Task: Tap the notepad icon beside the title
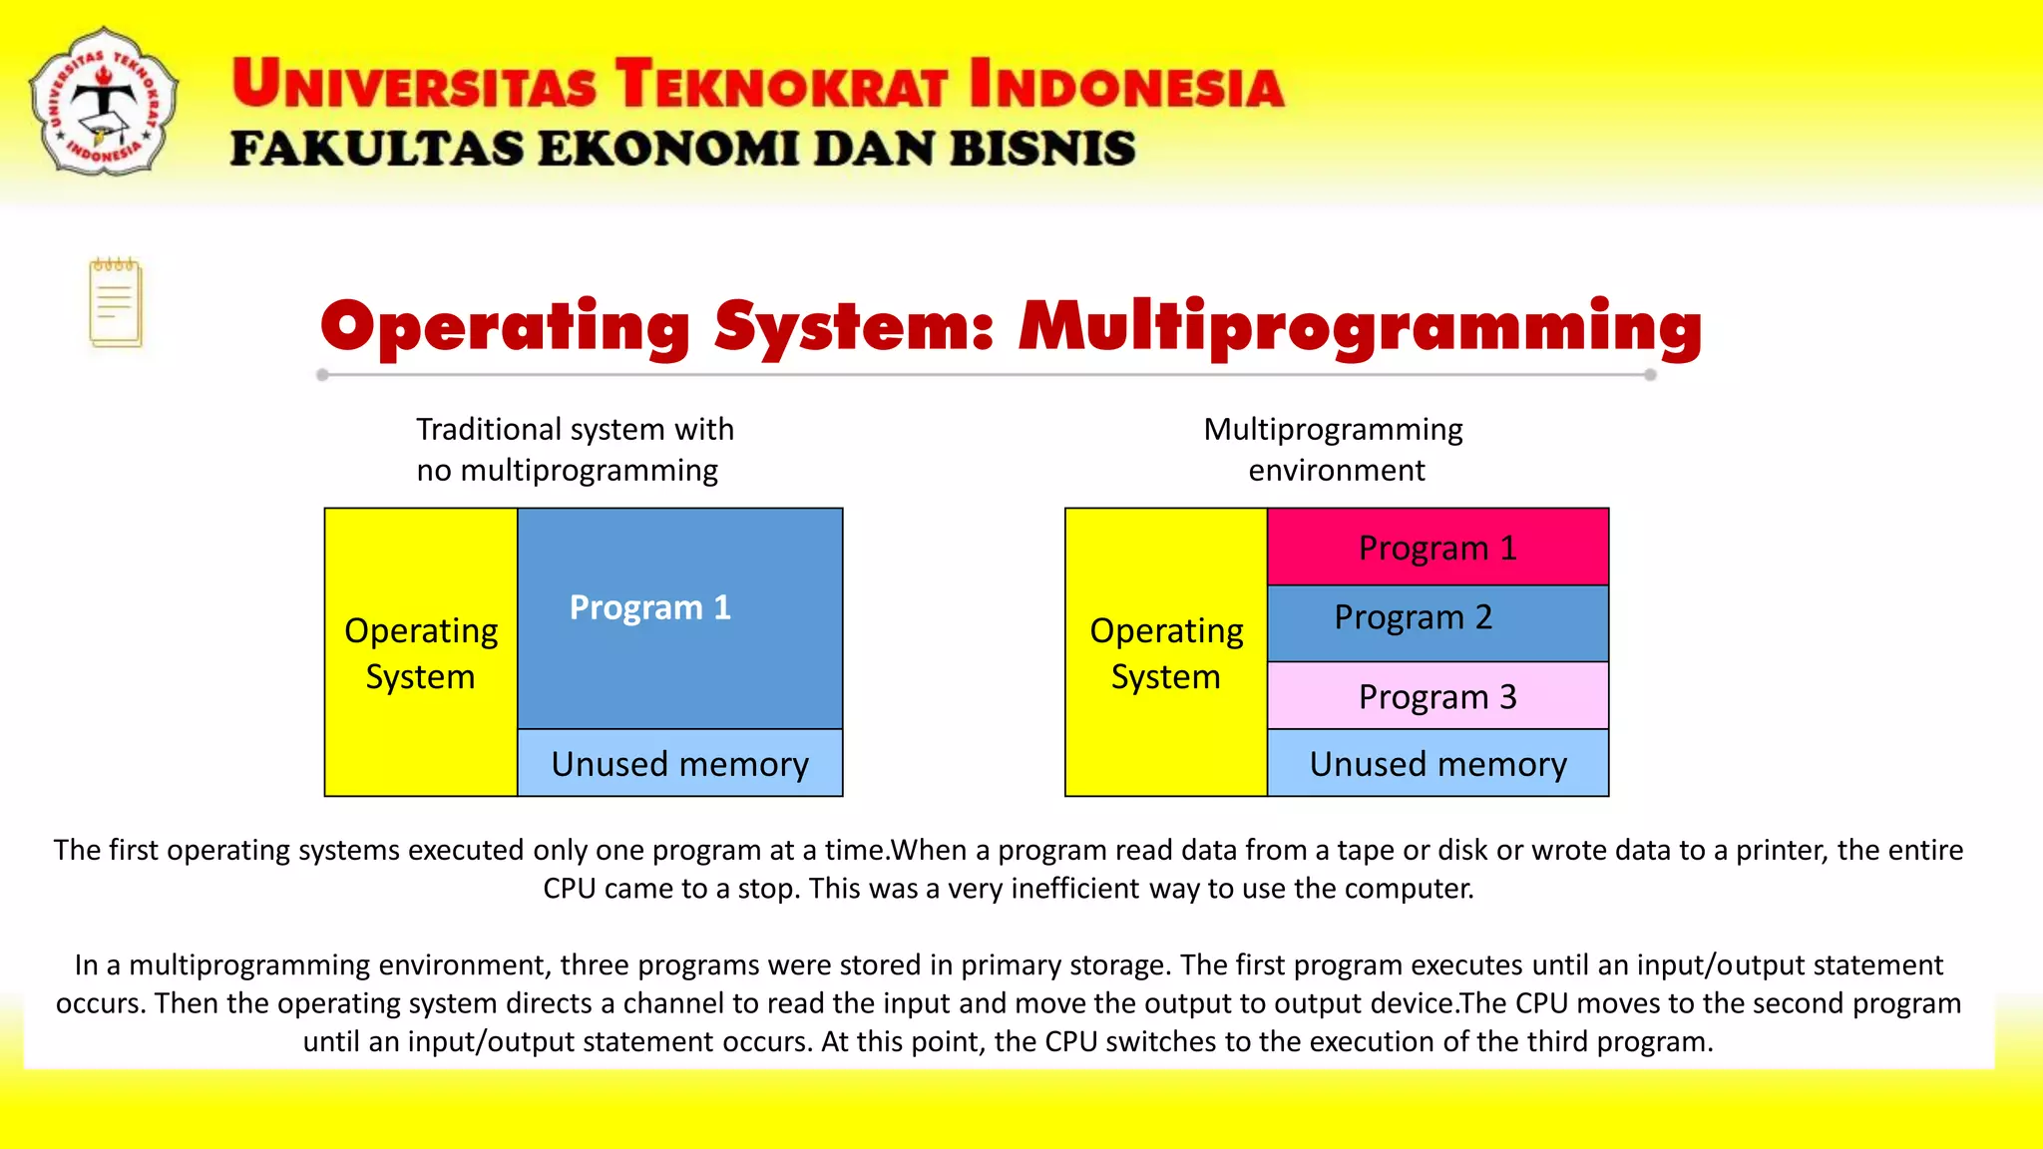116,302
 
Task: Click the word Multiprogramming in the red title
1360,327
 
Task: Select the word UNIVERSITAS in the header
414,84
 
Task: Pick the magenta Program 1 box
1437,548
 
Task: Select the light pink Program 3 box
1437,696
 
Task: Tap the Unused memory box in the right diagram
1437,764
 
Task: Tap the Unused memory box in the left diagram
679,764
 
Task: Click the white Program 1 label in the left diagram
649,607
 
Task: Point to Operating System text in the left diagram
420,653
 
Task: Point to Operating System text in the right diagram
1166,653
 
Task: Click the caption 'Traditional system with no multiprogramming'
574,449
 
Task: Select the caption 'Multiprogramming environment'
1334,449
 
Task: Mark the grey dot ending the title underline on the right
1650,375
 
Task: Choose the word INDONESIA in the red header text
1126,84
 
